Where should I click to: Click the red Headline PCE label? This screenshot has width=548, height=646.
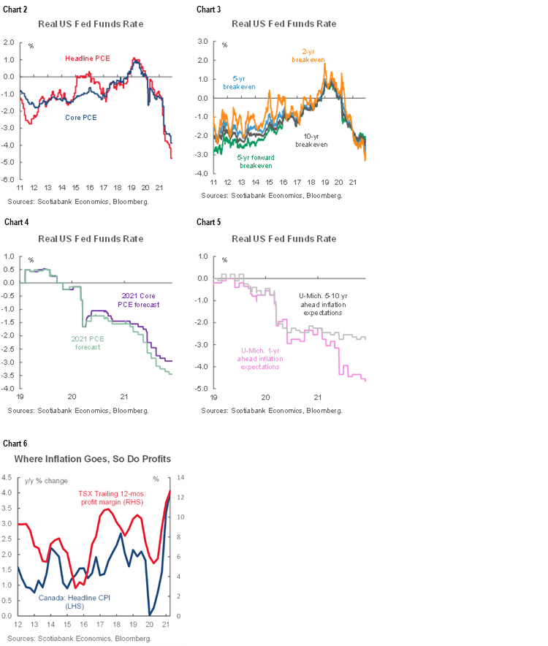point(88,58)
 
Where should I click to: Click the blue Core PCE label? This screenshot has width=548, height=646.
point(79,116)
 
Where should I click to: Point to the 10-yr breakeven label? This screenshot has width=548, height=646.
point(311,140)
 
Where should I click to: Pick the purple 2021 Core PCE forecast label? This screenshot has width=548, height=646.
point(140,300)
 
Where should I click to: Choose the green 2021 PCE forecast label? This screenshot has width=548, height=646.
point(89,342)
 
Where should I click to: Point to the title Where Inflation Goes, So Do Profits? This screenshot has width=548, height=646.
point(92,459)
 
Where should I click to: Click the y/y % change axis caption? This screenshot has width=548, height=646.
point(47,479)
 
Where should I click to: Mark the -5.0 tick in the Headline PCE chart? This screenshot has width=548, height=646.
point(11,179)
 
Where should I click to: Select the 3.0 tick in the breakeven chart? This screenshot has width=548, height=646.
point(203,42)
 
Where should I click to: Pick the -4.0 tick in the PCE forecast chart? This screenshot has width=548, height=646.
point(11,389)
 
